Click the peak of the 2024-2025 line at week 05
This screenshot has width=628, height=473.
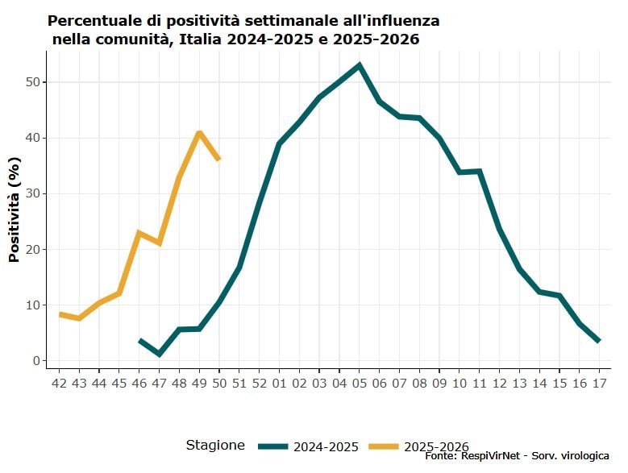(359, 65)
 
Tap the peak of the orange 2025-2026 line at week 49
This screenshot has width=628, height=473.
(199, 132)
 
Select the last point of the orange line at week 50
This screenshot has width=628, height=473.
(218, 159)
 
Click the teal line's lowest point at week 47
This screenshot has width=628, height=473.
(159, 354)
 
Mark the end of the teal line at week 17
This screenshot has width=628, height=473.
(599, 341)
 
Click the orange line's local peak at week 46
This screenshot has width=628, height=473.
(139, 233)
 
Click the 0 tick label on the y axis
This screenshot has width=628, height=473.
(35, 361)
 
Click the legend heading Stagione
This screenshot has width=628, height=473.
(215, 445)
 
